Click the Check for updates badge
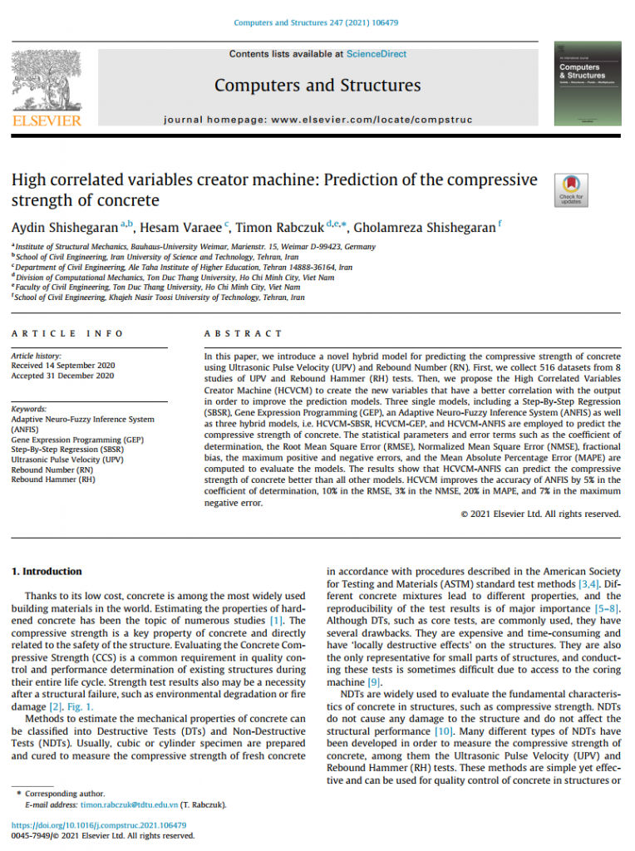(571, 189)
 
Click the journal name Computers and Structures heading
(317, 85)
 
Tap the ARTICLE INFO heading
(67, 333)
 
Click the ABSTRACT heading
(244, 333)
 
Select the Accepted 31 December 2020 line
(62, 376)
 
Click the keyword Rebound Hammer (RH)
(52, 480)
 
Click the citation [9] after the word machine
(374, 682)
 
